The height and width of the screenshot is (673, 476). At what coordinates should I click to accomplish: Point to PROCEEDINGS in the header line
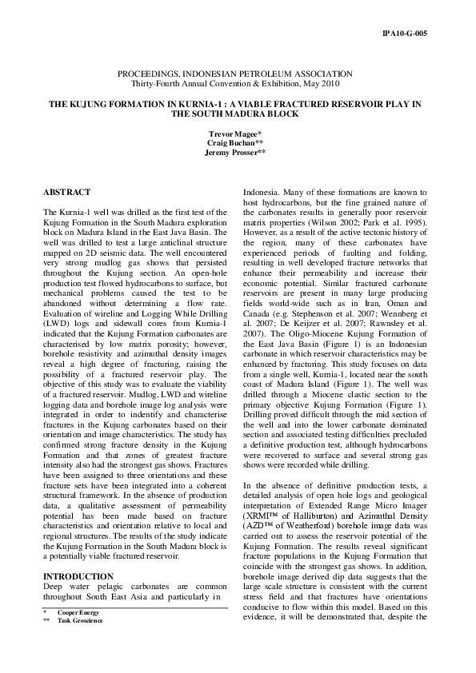(170, 73)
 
